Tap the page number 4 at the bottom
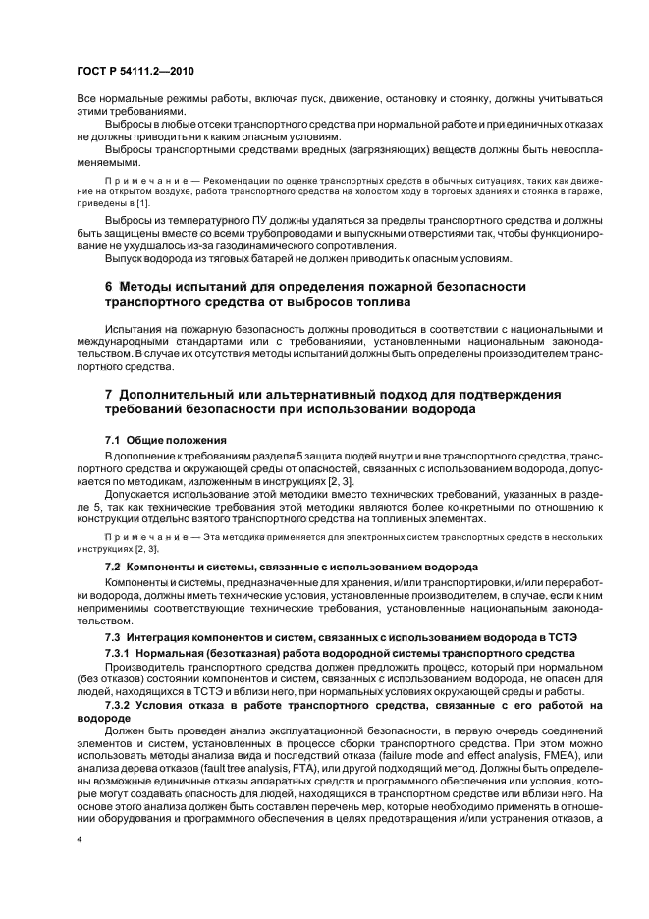coord(80,838)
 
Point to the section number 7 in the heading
coord(109,394)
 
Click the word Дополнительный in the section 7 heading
coord(182,394)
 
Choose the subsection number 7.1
coord(113,439)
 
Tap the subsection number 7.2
coord(113,568)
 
